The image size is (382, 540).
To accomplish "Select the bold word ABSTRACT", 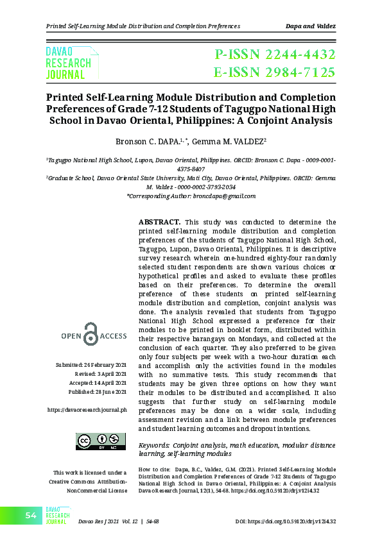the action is [x=159, y=222].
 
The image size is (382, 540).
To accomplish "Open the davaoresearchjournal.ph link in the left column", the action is [x=87, y=409].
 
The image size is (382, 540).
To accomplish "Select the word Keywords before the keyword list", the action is [x=154, y=444].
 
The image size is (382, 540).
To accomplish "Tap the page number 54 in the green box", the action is [x=31, y=516].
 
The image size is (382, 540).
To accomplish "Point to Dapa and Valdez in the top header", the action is [x=310, y=26].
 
